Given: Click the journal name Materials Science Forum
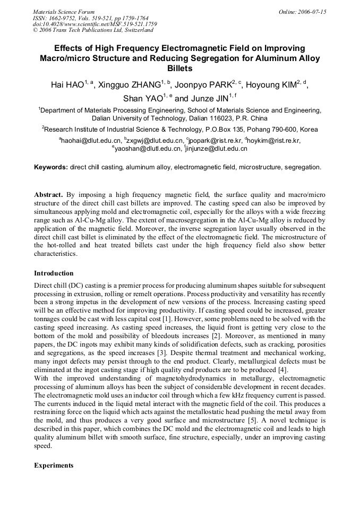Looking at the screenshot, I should [x=64, y=12].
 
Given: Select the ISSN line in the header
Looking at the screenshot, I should [x=91, y=18].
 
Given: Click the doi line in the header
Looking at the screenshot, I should [x=95, y=24].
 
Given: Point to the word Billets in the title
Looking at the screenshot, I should [x=179, y=68].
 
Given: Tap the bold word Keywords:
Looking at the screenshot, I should [x=51, y=167].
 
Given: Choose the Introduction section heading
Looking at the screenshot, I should [x=54, y=273].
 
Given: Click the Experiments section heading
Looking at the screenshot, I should [x=54, y=465].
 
